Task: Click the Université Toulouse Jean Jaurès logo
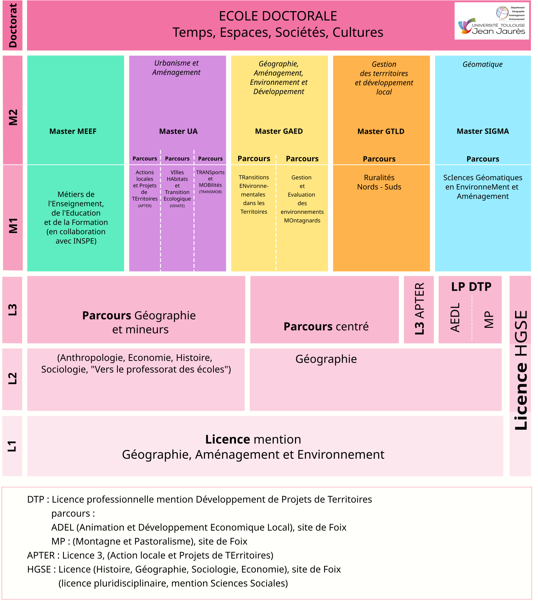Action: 492,21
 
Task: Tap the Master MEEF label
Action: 73,131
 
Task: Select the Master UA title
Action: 178,131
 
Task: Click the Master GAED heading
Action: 279,131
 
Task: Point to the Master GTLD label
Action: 381,131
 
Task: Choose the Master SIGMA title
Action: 482,131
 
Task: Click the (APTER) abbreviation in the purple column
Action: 145,206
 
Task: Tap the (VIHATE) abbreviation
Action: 177,206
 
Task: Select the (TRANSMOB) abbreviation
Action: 210,192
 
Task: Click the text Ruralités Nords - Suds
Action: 379,182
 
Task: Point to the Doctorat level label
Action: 12,26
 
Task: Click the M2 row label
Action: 13,117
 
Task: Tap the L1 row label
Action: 12,446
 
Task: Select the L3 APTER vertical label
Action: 419,309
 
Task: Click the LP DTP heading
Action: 471,287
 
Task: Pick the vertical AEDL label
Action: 455,317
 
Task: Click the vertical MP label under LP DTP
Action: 488,319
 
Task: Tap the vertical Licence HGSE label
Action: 520,370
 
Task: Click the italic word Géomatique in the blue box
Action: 482,64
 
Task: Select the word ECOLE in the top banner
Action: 235,16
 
